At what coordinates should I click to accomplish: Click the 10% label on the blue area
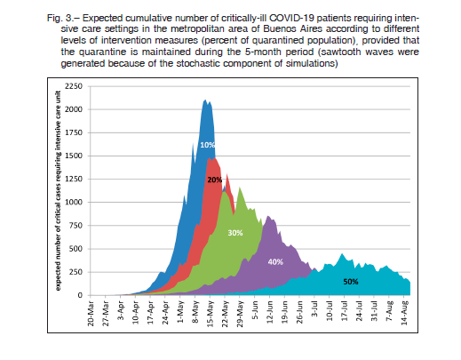(207, 145)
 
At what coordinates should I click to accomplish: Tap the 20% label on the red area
(215, 180)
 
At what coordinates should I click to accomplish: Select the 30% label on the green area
(235, 233)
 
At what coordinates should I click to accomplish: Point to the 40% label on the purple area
(275, 262)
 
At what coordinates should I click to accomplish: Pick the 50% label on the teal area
(351, 282)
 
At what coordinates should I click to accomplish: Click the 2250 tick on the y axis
(74, 86)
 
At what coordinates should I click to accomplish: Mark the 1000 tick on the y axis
(74, 202)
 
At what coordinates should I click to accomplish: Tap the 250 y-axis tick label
(76, 272)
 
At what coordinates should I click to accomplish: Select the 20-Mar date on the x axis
(91, 314)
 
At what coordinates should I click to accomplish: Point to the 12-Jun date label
(270, 312)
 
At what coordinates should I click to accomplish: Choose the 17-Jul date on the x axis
(345, 311)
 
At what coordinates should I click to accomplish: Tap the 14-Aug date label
(404, 313)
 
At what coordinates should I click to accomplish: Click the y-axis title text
(58, 190)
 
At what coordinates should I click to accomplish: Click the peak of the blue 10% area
(204, 100)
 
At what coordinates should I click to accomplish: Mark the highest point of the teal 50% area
(342, 253)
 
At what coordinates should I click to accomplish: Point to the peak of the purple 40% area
(268, 216)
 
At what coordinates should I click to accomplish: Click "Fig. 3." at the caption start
(60, 19)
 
